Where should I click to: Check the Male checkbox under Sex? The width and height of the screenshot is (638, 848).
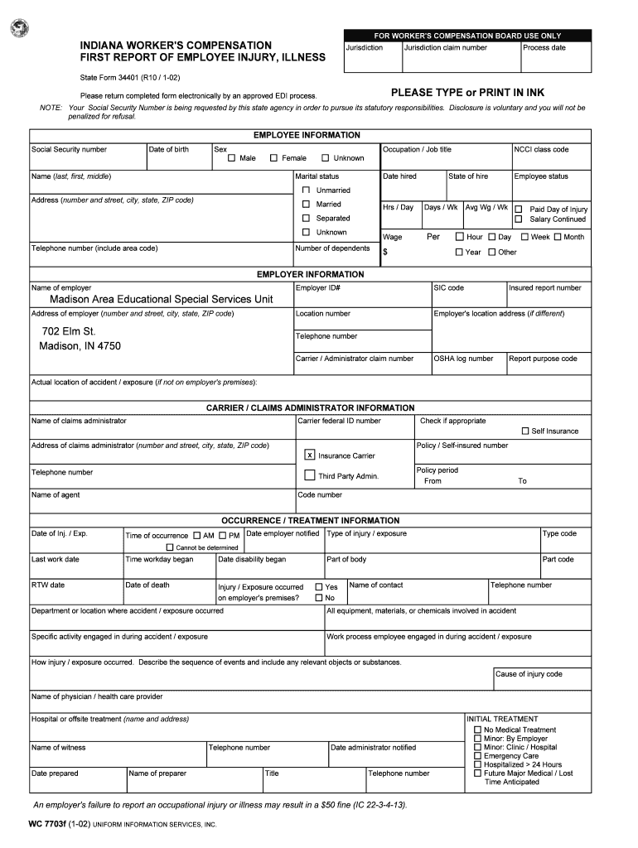(x=232, y=158)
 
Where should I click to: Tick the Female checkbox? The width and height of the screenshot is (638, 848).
(x=273, y=158)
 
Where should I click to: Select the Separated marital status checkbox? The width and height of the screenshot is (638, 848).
(x=306, y=218)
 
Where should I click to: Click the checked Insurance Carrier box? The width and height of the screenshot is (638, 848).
(x=310, y=455)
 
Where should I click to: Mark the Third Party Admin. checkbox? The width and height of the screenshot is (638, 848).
(x=310, y=475)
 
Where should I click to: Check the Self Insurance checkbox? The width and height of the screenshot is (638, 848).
(x=525, y=431)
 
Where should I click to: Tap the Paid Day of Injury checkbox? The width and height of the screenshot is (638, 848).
(x=519, y=210)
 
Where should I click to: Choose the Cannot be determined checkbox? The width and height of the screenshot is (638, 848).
(x=170, y=547)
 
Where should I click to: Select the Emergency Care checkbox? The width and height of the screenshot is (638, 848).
(x=477, y=756)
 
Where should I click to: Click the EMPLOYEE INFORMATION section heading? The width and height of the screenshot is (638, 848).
(x=307, y=135)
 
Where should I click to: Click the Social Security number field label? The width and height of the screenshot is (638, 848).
(x=69, y=150)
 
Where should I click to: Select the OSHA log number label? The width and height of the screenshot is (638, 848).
(x=463, y=359)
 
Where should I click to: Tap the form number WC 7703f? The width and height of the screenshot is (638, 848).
(x=46, y=825)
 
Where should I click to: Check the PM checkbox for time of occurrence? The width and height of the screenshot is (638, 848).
(x=223, y=536)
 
